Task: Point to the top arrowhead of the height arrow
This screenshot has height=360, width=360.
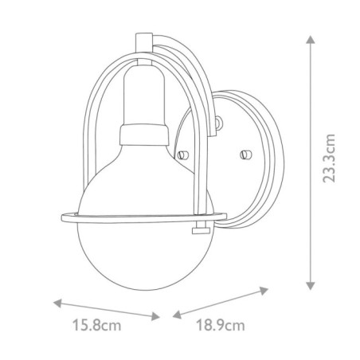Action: click(x=308, y=37)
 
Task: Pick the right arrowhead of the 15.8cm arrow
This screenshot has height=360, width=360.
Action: click(x=158, y=316)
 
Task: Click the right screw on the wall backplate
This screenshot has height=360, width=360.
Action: click(x=245, y=151)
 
